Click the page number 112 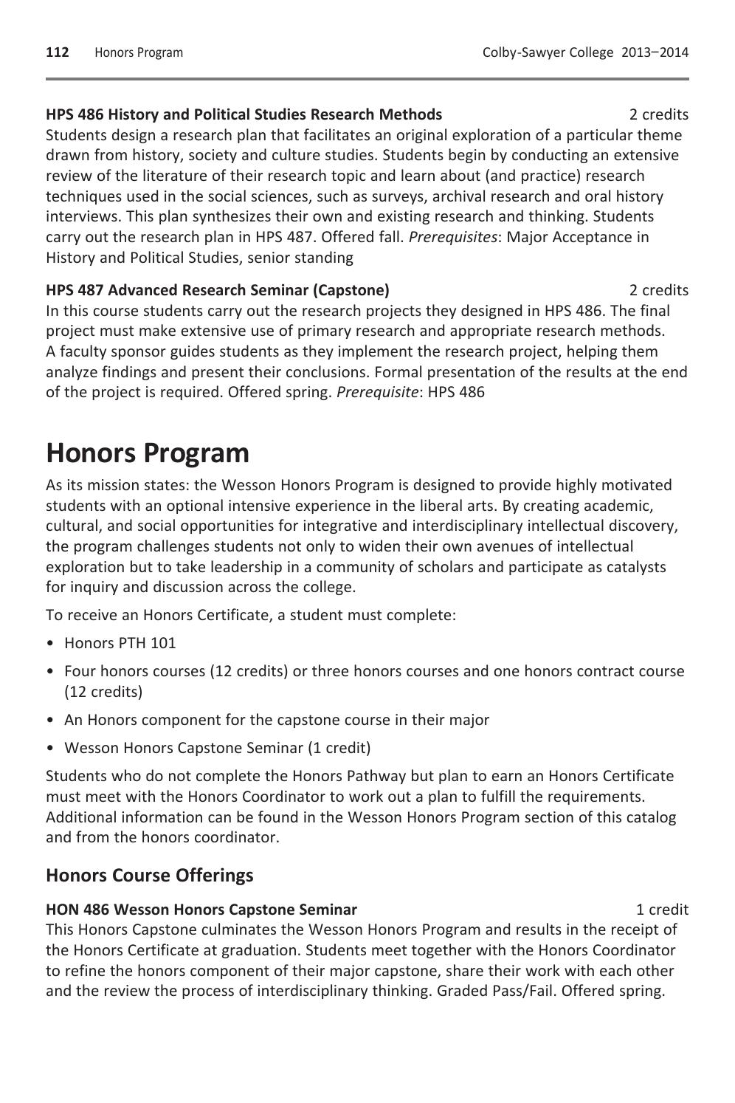57,52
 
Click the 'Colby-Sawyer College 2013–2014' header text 584,52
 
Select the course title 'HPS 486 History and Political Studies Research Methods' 244,114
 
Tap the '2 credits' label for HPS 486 658,114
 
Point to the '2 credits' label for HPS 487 658,290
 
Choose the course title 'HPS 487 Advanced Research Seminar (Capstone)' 218,290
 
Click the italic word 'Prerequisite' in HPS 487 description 377,392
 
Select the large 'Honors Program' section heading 148,453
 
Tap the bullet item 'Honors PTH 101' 120,643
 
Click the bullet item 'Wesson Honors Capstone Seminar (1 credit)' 218,748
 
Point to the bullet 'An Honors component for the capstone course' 277,720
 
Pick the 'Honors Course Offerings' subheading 149,876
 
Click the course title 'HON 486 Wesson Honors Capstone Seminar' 201,910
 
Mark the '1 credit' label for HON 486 662,910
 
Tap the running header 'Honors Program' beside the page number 139,52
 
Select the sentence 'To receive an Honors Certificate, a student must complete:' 251,615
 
